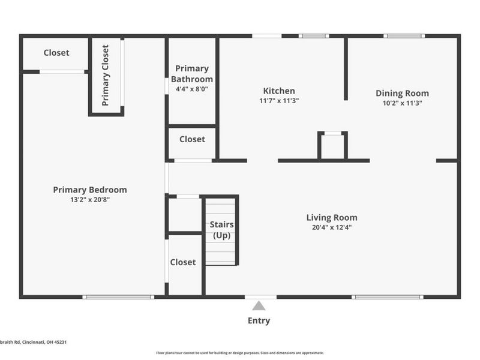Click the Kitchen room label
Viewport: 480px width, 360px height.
[x=278, y=91]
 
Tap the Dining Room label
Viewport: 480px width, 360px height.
[x=402, y=93]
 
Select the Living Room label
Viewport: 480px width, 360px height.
[x=332, y=217]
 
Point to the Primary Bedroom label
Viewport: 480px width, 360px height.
[x=90, y=190]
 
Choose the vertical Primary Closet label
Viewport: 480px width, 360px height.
[x=106, y=76]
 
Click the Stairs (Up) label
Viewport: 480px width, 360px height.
[x=221, y=230]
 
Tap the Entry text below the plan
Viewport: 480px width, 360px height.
[x=259, y=320]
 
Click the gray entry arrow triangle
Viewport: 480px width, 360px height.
[x=259, y=306]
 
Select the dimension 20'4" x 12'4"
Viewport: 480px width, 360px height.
[x=332, y=228]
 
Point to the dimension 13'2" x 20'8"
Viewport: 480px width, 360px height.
[x=90, y=200]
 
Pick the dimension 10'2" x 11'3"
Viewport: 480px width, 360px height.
[x=402, y=102]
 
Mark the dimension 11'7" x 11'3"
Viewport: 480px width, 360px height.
[x=278, y=101]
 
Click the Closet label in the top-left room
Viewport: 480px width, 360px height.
[x=56, y=53]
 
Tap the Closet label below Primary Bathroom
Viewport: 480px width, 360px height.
[x=192, y=139]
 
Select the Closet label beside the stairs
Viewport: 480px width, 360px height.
[x=183, y=262]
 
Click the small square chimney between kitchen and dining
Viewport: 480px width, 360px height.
[x=332, y=146]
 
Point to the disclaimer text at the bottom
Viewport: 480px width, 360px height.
[x=240, y=353]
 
